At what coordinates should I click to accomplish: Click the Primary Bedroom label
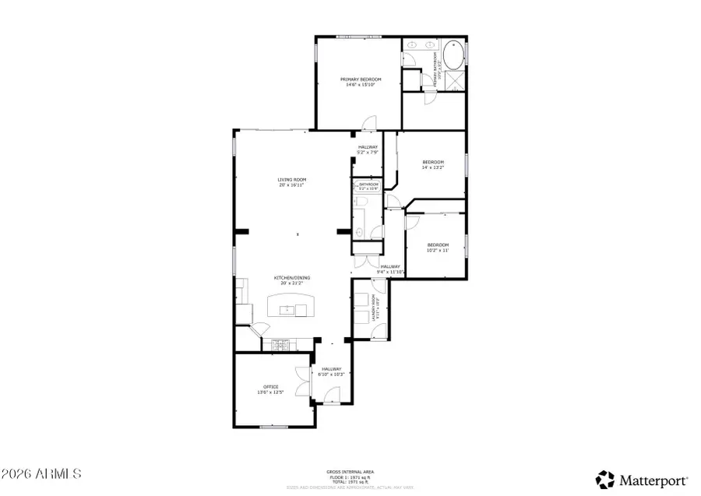(x=361, y=79)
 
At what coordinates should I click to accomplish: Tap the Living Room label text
(x=291, y=180)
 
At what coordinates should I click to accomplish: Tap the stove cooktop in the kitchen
(x=278, y=343)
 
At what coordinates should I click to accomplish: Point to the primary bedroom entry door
(x=368, y=122)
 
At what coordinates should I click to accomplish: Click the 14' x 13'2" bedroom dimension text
(x=432, y=167)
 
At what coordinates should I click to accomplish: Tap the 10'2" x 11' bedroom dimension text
(x=438, y=250)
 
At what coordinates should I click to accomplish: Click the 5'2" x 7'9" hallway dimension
(x=368, y=153)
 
